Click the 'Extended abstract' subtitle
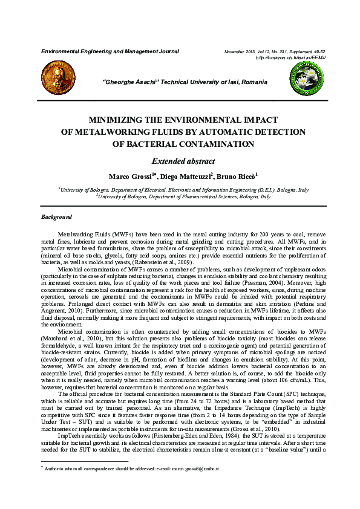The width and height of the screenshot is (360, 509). pos(180,161)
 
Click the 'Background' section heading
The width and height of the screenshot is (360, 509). pos(56,217)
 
